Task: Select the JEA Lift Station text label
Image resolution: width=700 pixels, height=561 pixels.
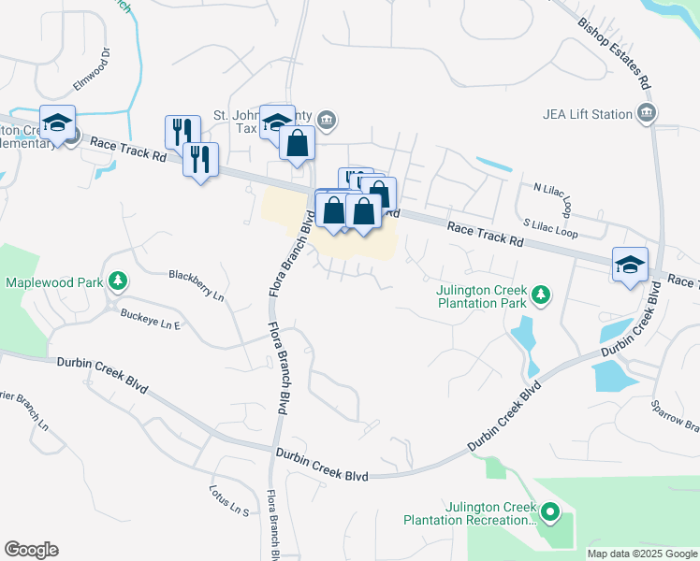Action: coord(588,114)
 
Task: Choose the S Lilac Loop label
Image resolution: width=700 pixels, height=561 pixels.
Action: coord(550,228)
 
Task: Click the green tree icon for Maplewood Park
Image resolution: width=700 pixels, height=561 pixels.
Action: coord(117,280)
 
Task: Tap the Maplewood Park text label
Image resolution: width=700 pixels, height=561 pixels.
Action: coord(53,281)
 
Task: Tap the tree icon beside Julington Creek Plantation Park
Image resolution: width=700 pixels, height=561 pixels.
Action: coord(540,295)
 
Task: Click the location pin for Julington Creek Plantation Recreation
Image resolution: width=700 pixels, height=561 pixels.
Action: coord(550,512)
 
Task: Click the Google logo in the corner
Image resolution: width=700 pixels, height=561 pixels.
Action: coord(31,550)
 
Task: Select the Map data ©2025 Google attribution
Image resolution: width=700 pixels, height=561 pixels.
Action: coord(642,554)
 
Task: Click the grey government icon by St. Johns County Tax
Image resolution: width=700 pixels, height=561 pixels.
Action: coord(327,119)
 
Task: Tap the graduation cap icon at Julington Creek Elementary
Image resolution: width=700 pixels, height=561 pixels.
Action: coord(58,125)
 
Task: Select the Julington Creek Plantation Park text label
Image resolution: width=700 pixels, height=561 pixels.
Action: coord(482,295)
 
